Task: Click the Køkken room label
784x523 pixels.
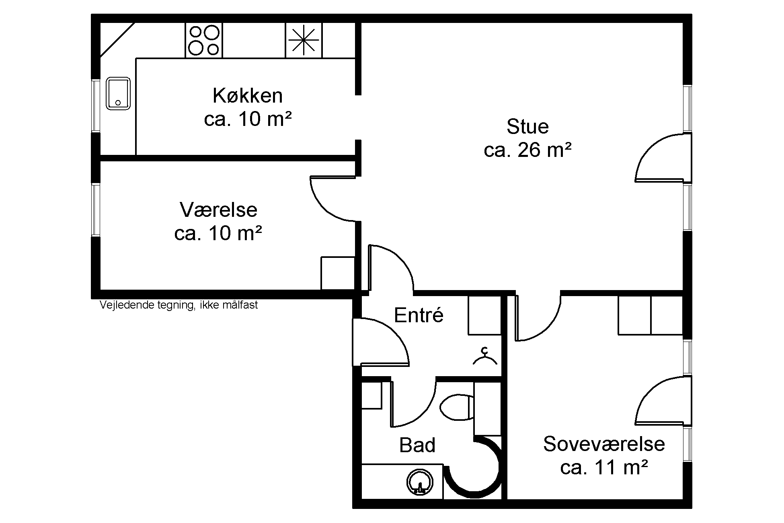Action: click(x=248, y=96)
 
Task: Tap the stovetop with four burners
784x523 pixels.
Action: click(x=204, y=40)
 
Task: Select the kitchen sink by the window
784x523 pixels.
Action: click(x=118, y=94)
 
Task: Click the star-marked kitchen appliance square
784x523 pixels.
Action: click(x=304, y=40)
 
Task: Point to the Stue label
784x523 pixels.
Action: click(x=527, y=127)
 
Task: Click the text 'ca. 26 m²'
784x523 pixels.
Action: click(x=527, y=150)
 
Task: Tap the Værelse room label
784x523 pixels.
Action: click(x=218, y=210)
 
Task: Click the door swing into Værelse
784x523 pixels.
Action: click(x=333, y=198)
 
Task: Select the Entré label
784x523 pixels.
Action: click(x=419, y=315)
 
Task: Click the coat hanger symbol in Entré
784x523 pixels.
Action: click(x=485, y=356)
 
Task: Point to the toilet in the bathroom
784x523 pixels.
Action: click(x=457, y=408)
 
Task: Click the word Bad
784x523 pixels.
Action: click(x=417, y=445)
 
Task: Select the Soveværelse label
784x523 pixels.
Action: click(x=604, y=444)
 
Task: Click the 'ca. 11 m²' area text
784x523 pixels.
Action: click(x=604, y=467)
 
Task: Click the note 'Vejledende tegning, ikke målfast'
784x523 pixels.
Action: click(x=179, y=305)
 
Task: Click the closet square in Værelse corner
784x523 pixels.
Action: click(x=338, y=273)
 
